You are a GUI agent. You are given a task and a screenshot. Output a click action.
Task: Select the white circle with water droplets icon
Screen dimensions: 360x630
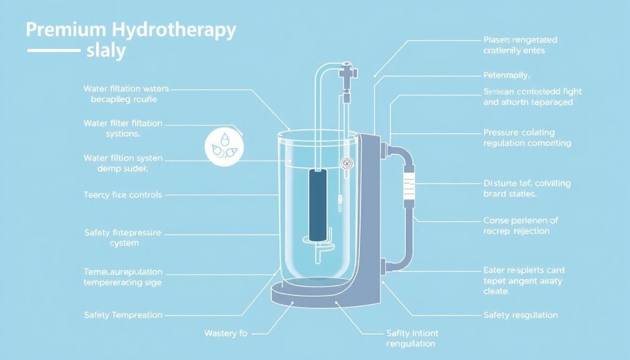click(224, 147)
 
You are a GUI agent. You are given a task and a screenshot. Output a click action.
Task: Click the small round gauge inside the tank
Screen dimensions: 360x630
click(346, 163)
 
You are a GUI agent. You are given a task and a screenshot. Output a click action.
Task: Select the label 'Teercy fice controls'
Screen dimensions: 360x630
click(123, 195)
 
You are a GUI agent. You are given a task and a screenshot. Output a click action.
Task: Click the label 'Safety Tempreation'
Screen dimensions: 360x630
click(123, 315)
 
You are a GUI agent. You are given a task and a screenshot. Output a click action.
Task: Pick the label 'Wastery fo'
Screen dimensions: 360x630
click(225, 333)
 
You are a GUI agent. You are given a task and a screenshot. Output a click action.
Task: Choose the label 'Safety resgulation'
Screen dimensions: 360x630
click(520, 315)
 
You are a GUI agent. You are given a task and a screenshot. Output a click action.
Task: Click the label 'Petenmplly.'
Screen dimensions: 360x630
click(506, 75)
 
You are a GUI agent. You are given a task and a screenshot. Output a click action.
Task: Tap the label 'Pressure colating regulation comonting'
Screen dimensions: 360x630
click(527, 138)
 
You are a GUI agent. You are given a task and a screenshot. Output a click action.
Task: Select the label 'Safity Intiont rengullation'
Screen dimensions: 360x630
click(412, 338)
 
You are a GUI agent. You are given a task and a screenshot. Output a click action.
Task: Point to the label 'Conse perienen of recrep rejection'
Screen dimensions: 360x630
click(520, 225)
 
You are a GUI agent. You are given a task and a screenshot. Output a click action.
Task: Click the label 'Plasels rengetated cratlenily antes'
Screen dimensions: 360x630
click(520, 45)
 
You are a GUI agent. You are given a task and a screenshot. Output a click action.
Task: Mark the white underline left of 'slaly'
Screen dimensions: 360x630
click(53, 50)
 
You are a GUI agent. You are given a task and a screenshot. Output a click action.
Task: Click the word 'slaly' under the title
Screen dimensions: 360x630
click(106, 51)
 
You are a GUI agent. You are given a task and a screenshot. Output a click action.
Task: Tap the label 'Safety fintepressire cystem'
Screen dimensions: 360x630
click(122, 238)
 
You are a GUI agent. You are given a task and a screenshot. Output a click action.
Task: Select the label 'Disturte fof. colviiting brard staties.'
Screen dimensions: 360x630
click(526, 188)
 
